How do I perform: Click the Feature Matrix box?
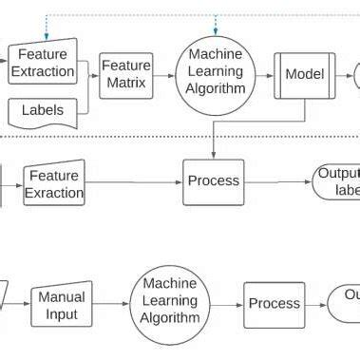click(126, 74)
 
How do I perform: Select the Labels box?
click(42, 111)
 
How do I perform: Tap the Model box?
click(304, 74)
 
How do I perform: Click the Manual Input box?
click(62, 305)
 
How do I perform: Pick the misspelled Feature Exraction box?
click(53, 184)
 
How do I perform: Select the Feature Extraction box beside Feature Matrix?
click(42, 63)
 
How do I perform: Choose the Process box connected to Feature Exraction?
click(213, 181)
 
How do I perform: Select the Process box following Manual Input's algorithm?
click(274, 304)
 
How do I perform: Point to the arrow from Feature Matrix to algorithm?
click(163, 74)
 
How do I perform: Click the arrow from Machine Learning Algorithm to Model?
click(264, 74)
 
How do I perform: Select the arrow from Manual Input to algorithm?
click(112, 305)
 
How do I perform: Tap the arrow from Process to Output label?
click(277, 181)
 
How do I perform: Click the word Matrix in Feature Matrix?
click(126, 83)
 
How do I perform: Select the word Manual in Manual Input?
click(62, 297)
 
